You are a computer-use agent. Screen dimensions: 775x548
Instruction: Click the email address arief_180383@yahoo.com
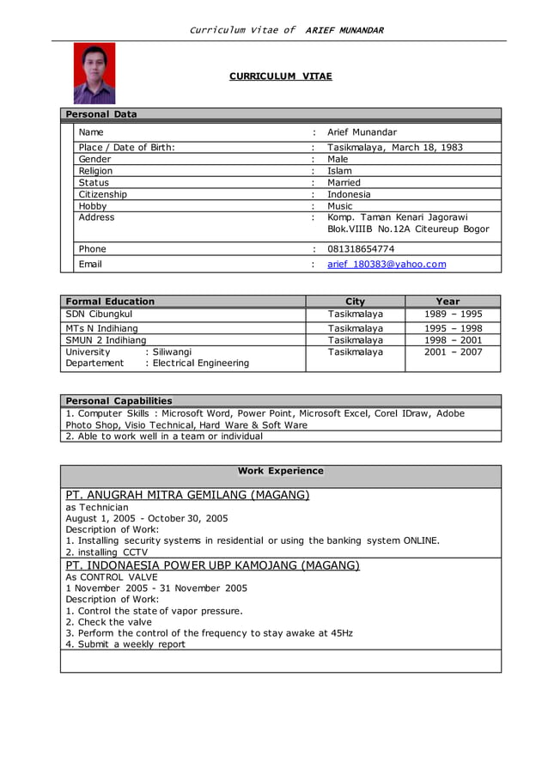tap(387, 264)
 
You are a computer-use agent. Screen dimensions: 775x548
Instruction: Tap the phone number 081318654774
tap(361, 249)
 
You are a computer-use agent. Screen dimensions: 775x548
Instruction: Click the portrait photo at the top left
tap(94, 74)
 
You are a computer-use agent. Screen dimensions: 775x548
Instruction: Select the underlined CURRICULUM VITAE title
tap(280, 76)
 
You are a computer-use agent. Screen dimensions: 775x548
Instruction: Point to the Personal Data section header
tap(101, 114)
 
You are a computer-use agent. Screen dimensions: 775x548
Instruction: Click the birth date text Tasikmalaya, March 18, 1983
tap(395, 147)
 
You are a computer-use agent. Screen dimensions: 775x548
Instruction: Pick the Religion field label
tap(95, 171)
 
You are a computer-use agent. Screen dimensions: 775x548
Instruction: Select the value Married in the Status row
tap(344, 182)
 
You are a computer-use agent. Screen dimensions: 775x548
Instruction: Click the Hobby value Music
tap(340, 206)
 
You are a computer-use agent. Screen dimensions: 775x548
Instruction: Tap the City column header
tap(355, 302)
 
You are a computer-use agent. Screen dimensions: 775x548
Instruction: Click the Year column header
tap(448, 302)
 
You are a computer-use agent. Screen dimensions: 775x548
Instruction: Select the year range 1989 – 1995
tap(453, 314)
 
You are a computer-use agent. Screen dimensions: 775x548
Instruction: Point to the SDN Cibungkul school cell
tap(99, 314)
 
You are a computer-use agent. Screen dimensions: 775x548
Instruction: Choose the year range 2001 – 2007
tap(453, 352)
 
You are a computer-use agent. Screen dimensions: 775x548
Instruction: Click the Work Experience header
tap(280, 471)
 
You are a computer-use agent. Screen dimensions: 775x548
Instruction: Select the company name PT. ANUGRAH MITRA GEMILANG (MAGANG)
tap(187, 495)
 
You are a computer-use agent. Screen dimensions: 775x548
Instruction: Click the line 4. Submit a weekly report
tap(125, 644)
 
